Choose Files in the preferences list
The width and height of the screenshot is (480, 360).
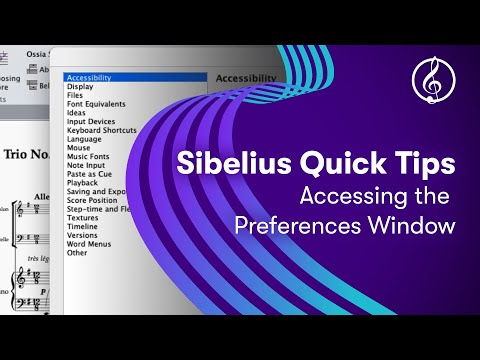pyautogui.click(x=75, y=95)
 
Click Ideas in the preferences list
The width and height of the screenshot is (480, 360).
pyautogui.click(x=77, y=113)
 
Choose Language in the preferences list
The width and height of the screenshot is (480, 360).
pyautogui.click(x=84, y=140)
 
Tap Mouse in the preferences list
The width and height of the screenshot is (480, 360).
pyautogui.click(x=78, y=149)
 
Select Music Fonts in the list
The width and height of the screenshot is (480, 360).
pyautogui.click(x=87, y=158)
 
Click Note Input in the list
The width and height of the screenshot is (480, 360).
pyautogui.click(x=86, y=167)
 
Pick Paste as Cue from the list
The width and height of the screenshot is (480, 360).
pyautogui.click(x=90, y=176)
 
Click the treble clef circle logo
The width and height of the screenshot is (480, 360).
pyautogui.click(x=429, y=79)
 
